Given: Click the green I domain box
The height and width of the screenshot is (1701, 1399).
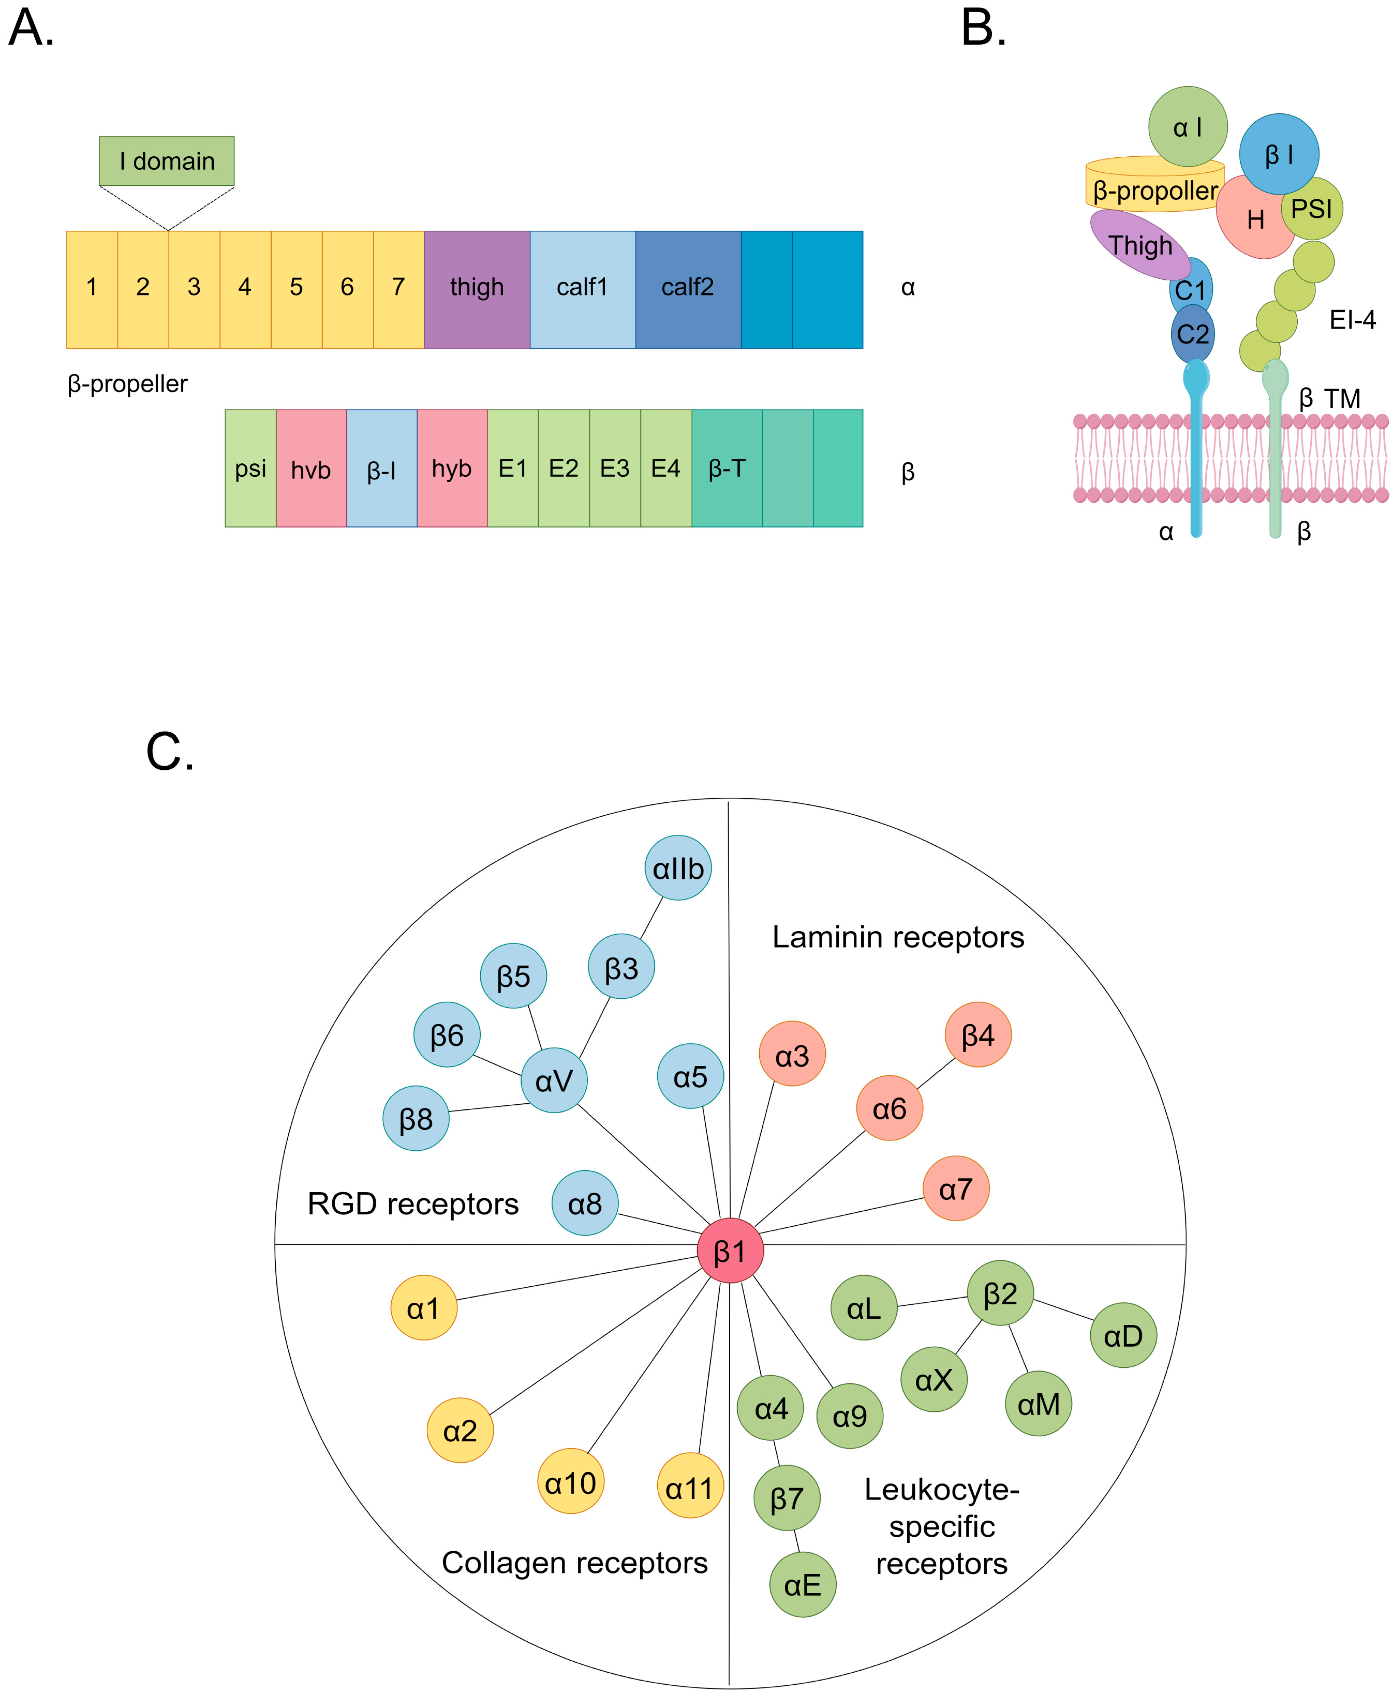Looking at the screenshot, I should coord(167,161).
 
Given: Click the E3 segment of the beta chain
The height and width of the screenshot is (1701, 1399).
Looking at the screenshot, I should coord(615,468).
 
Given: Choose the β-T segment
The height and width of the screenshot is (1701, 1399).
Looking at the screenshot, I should coord(727,468).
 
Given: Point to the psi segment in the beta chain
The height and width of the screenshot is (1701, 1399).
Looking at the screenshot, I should coord(251,468).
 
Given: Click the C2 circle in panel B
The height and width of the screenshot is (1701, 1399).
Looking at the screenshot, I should coord(1193,334).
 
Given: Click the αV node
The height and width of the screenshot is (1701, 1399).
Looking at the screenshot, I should coord(554,1080).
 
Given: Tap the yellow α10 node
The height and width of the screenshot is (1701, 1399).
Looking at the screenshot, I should coord(570,1482).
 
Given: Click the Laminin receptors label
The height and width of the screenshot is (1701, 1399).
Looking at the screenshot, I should coord(898,937).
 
